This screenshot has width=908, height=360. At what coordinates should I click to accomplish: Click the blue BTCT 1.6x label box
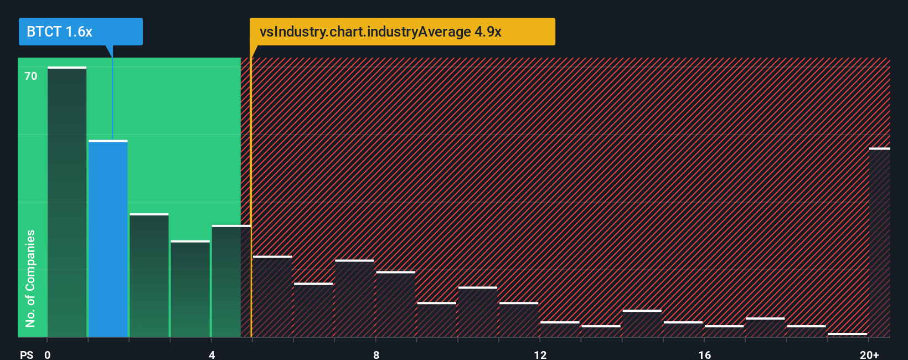(x=80, y=32)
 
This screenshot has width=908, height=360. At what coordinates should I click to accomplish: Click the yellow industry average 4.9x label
(x=402, y=32)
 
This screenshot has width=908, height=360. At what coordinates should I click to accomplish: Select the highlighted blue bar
(x=108, y=238)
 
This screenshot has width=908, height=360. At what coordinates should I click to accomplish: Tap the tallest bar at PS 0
(x=67, y=202)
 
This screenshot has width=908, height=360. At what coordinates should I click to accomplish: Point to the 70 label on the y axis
(x=31, y=76)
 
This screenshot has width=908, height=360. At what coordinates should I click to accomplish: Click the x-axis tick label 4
(x=211, y=354)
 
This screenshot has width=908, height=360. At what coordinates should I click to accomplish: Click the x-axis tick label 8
(x=376, y=354)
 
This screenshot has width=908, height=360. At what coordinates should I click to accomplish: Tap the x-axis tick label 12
(x=540, y=354)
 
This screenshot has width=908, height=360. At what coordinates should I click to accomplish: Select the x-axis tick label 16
(x=704, y=354)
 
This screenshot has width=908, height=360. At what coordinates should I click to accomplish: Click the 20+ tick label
(x=869, y=354)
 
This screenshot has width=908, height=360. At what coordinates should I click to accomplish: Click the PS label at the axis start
(x=27, y=354)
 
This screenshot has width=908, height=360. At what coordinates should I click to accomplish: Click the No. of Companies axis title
(x=30, y=278)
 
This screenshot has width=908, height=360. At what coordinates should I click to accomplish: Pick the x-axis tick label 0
(x=48, y=354)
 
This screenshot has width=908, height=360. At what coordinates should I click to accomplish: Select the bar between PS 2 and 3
(x=149, y=275)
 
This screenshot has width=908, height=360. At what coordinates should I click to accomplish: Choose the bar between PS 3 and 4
(x=190, y=289)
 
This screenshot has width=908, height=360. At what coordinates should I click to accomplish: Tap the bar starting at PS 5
(x=272, y=296)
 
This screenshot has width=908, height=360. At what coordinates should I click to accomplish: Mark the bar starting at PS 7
(x=354, y=299)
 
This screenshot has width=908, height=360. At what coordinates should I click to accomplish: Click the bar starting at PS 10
(x=477, y=312)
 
